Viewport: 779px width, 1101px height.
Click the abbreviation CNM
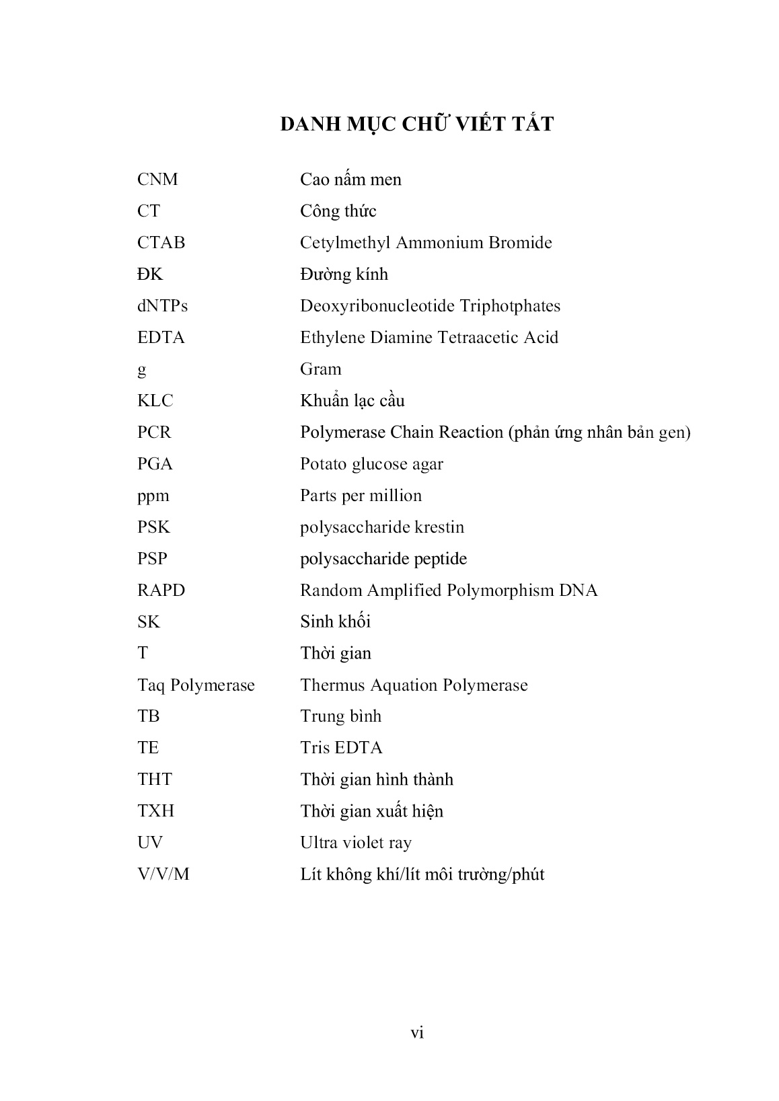tap(157, 180)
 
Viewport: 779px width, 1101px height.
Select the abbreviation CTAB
tap(161, 243)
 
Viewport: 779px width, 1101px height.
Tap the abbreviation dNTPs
tap(162, 306)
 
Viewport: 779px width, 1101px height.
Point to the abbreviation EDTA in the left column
tap(161, 338)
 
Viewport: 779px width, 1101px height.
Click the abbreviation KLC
tap(155, 401)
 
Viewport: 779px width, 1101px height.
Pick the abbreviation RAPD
tap(161, 591)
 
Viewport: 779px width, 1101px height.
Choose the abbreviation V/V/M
tap(163, 874)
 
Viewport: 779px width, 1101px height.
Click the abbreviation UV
tap(150, 843)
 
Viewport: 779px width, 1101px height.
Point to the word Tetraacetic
tap(478, 338)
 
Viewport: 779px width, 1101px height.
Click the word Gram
tap(321, 369)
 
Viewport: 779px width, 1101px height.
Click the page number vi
tap(417, 1033)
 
